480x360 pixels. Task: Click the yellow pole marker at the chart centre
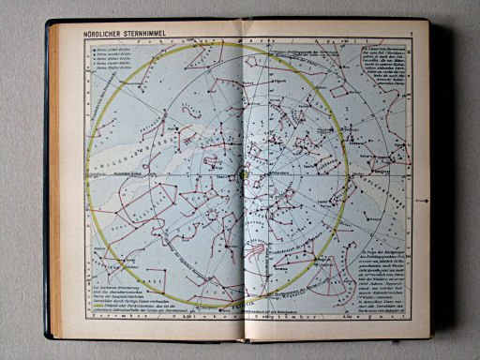[242, 171]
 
